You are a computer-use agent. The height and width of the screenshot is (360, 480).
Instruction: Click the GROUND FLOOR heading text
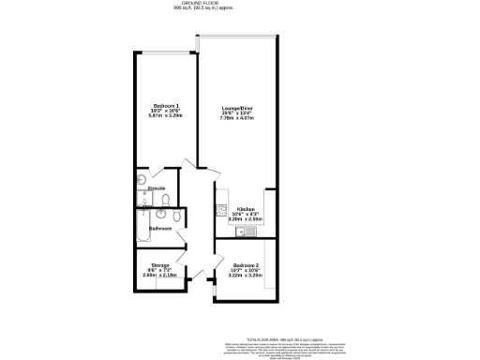(239, 4)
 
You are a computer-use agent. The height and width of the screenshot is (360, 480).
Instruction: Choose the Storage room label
(156, 266)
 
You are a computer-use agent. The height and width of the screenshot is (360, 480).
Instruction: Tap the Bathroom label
(157, 228)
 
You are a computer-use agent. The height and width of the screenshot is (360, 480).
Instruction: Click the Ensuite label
(157, 188)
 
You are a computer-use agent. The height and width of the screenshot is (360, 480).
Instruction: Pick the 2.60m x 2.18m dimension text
(156, 277)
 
